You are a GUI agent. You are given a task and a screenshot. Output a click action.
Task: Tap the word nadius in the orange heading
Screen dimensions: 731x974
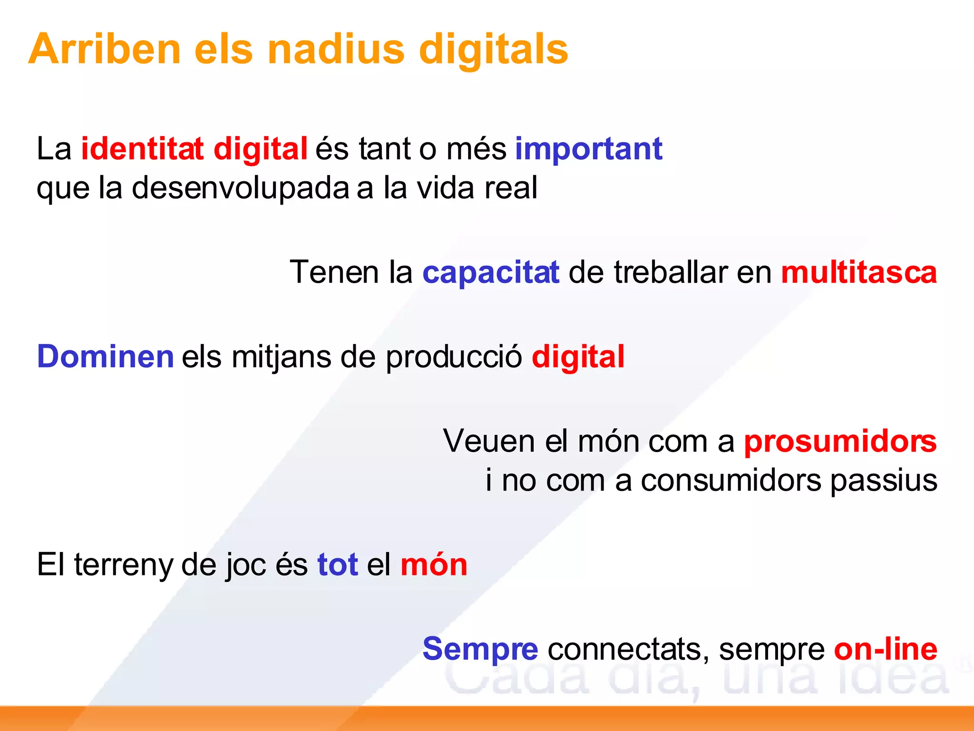[336, 49]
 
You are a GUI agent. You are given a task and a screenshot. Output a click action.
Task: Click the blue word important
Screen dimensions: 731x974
[589, 149]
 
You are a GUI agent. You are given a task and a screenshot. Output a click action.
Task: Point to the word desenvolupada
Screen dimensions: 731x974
[241, 188]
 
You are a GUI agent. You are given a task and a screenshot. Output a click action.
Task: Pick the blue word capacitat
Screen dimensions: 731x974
[491, 273]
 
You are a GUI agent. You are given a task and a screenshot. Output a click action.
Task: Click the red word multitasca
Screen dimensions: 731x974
[859, 273]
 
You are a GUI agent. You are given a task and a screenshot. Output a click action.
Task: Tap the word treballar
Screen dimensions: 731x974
[671, 273]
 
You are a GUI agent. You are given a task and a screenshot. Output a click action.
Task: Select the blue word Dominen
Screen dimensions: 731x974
[106, 357]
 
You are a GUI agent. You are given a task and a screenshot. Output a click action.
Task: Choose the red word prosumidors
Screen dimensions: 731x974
[840, 442]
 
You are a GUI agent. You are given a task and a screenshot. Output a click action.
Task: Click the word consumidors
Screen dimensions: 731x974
[731, 481]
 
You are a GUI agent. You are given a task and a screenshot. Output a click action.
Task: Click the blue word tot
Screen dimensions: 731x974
[338, 565]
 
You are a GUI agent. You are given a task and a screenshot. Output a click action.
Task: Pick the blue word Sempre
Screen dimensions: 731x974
[480, 649]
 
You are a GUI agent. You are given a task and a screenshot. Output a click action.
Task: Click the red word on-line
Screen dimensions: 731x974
[886, 649]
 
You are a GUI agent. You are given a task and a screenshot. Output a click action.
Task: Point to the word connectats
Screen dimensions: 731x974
[625, 650]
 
